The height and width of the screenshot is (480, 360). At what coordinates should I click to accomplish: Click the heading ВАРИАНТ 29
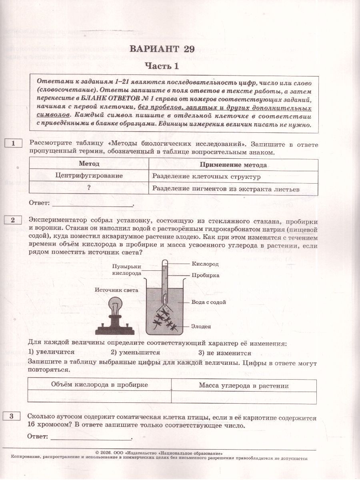click(162, 49)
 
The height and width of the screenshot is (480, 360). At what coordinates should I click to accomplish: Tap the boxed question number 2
click(14, 220)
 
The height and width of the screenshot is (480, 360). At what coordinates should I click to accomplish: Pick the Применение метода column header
click(233, 165)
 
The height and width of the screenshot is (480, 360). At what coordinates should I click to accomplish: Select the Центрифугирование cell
click(89, 176)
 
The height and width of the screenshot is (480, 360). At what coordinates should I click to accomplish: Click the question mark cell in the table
click(89, 188)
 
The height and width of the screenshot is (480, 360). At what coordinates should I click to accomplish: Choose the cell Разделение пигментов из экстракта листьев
click(226, 189)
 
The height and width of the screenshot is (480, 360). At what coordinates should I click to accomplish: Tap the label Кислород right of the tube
click(205, 264)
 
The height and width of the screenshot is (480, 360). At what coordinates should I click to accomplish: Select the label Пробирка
click(205, 275)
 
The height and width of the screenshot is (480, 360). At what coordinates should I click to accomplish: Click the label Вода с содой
click(209, 302)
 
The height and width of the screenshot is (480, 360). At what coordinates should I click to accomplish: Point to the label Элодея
click(201, 326)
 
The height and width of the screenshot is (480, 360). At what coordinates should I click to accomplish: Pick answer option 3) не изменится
click(225, 353)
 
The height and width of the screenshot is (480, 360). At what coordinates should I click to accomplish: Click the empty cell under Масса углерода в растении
click(244, 396)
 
